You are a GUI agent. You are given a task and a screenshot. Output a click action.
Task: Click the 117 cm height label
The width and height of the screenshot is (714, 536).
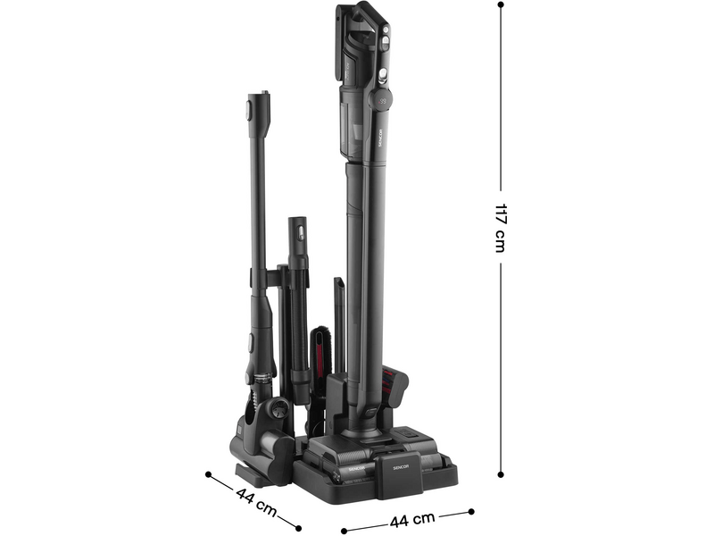[x=501, y=228]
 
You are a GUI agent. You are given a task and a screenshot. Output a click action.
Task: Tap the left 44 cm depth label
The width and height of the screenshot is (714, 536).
[x=256, y=502]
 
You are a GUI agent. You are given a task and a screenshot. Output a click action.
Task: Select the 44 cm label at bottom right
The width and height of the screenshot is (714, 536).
[x=412, y=519]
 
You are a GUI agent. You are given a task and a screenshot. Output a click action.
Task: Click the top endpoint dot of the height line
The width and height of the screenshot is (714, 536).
[x=501, y=5]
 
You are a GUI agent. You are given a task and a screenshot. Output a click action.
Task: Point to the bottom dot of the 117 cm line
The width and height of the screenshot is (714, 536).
[x=501, y=474]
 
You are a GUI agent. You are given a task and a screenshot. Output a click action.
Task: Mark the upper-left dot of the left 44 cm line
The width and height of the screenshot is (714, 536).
[x=209, y=474]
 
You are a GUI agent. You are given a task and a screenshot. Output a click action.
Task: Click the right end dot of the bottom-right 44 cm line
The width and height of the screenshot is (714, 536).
[x=471, y=512]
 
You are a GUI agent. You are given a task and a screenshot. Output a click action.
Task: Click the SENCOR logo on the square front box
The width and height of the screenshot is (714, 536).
[x=401, y=466]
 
